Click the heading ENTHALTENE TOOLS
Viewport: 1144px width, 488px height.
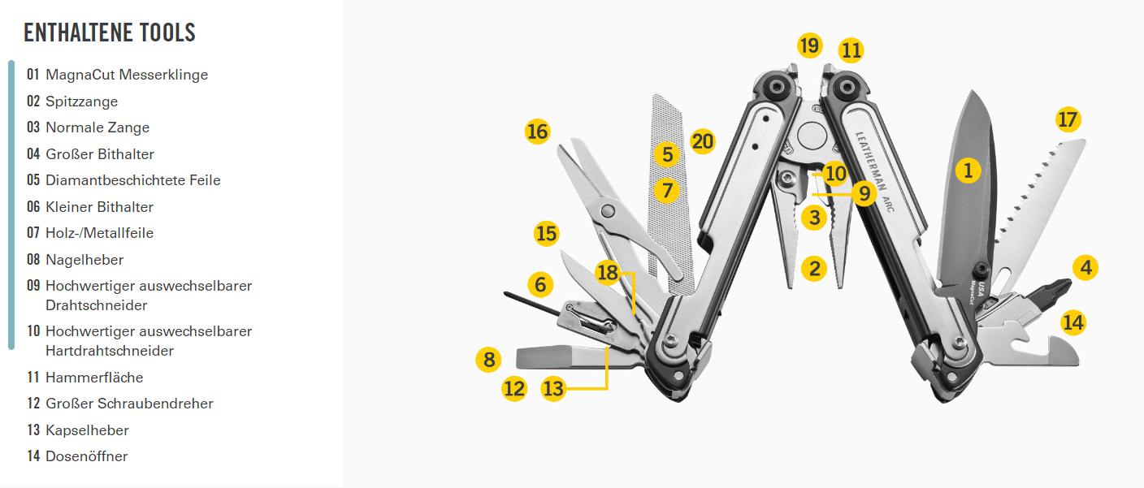click(110, 32)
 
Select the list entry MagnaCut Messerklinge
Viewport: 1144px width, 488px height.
click(118, 75)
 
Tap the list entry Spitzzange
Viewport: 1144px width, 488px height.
click(72, 101)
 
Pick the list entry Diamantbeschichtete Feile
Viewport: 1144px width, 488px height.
click(123, 180)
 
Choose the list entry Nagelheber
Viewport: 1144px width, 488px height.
click(75, 260)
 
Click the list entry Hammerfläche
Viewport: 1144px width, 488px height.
click(84, 378)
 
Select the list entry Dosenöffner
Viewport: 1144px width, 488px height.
click(77, 456)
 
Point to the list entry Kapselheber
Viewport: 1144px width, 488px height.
click(78, 430)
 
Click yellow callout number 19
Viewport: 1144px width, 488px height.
click(809, 45)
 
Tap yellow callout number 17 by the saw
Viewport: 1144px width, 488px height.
click(1068, 119)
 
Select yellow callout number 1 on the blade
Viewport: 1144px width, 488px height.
click(968, 170)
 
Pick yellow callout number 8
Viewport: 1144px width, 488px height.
click(489, 360)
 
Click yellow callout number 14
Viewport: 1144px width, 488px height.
click(1073, 322)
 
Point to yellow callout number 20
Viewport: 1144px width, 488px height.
click(703, 141)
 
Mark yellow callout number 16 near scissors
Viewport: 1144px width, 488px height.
click(537, 132)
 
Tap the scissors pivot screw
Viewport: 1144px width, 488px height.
click(607, 210)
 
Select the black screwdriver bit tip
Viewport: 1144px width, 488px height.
click(1052, 294)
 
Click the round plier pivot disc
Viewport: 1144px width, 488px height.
click(812, 136)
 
